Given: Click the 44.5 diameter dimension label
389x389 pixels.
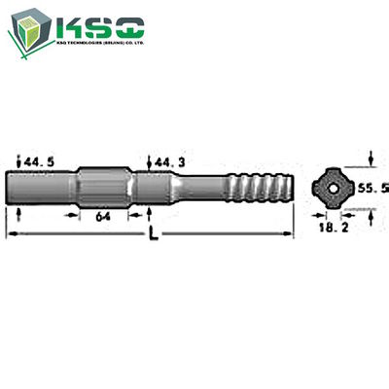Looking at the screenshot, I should (x=38, y=160).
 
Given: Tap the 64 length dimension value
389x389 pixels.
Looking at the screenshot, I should (x=102, y=220).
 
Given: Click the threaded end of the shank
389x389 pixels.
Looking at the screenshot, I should (x=257, y=184).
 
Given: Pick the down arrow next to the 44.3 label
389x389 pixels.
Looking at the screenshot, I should (x=148, y=161).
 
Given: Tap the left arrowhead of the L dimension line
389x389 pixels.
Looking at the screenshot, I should (x=11, y=233).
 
